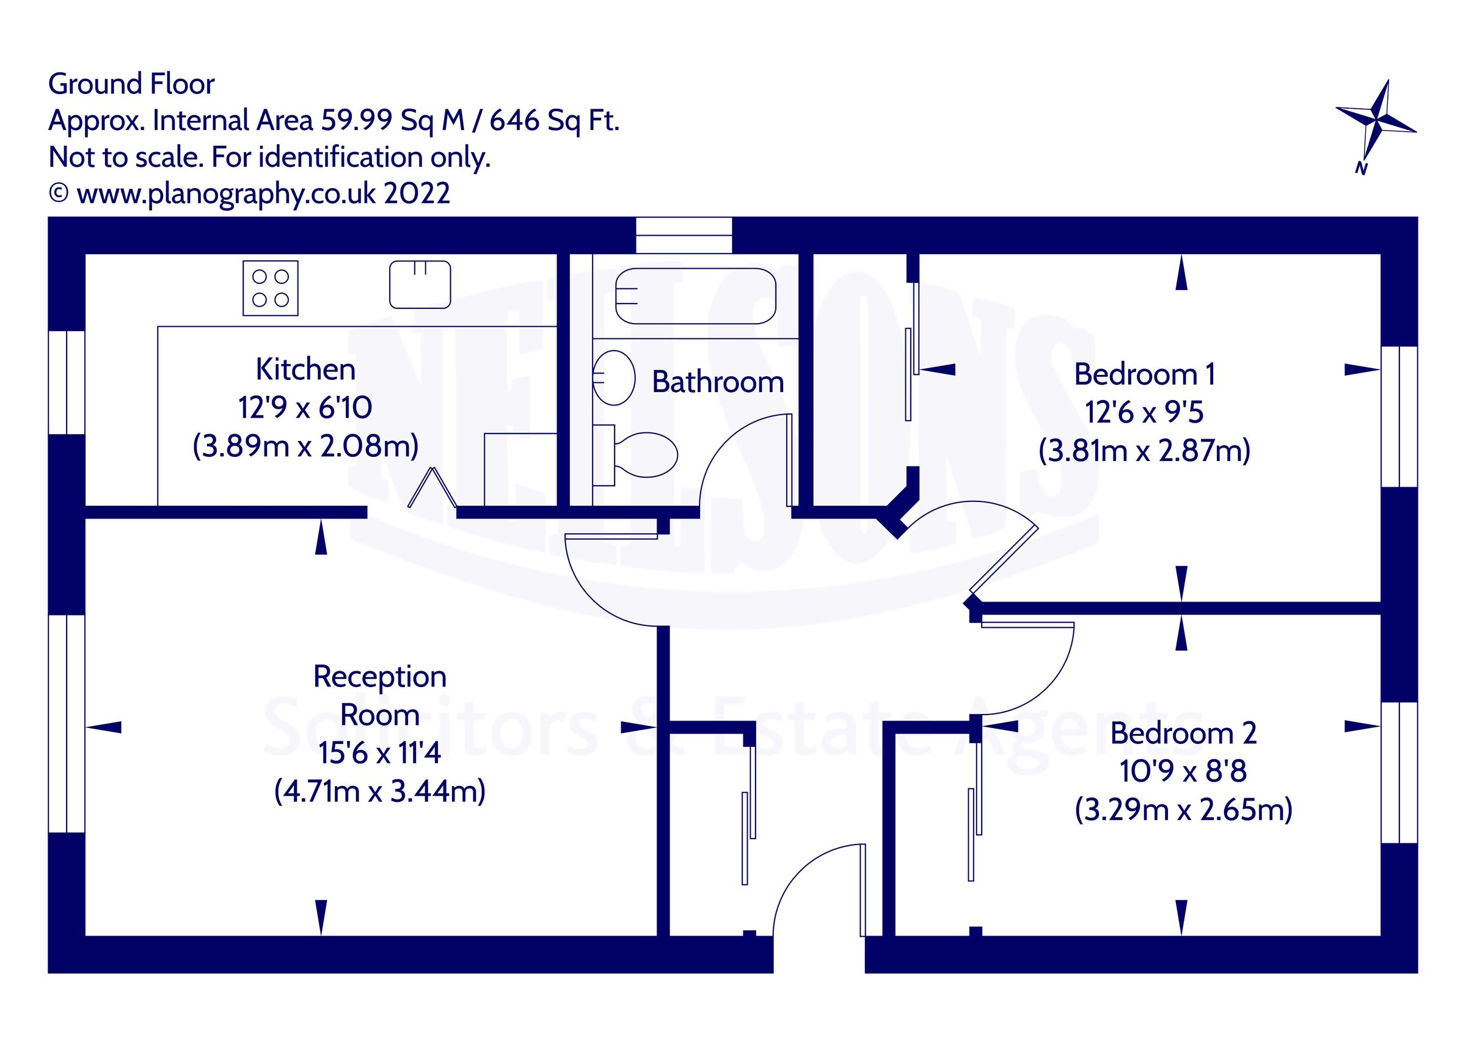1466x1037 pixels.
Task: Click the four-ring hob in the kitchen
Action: coord(270,288)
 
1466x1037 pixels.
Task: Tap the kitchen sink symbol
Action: coord(420,285)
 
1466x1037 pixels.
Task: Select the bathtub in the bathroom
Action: coord(695,296)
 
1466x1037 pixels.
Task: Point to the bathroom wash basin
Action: coord(614,377)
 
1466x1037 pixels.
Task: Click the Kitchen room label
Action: coord(305,369)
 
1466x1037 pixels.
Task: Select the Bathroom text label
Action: coord(717,382)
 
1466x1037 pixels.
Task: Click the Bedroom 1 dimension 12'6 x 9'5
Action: coord(1143,412)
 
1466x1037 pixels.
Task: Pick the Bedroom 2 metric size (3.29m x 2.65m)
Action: coord(1183,810)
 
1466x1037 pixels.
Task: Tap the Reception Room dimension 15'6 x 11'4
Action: coord(379,753)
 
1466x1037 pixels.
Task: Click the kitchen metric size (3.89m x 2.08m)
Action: coord(305,446)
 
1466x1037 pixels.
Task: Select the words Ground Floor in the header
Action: coord(131,84)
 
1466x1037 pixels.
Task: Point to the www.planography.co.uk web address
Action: coord(227,194)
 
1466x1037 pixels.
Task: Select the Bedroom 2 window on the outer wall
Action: coord(1399,773)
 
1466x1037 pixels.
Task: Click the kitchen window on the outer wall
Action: coord(67,382)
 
